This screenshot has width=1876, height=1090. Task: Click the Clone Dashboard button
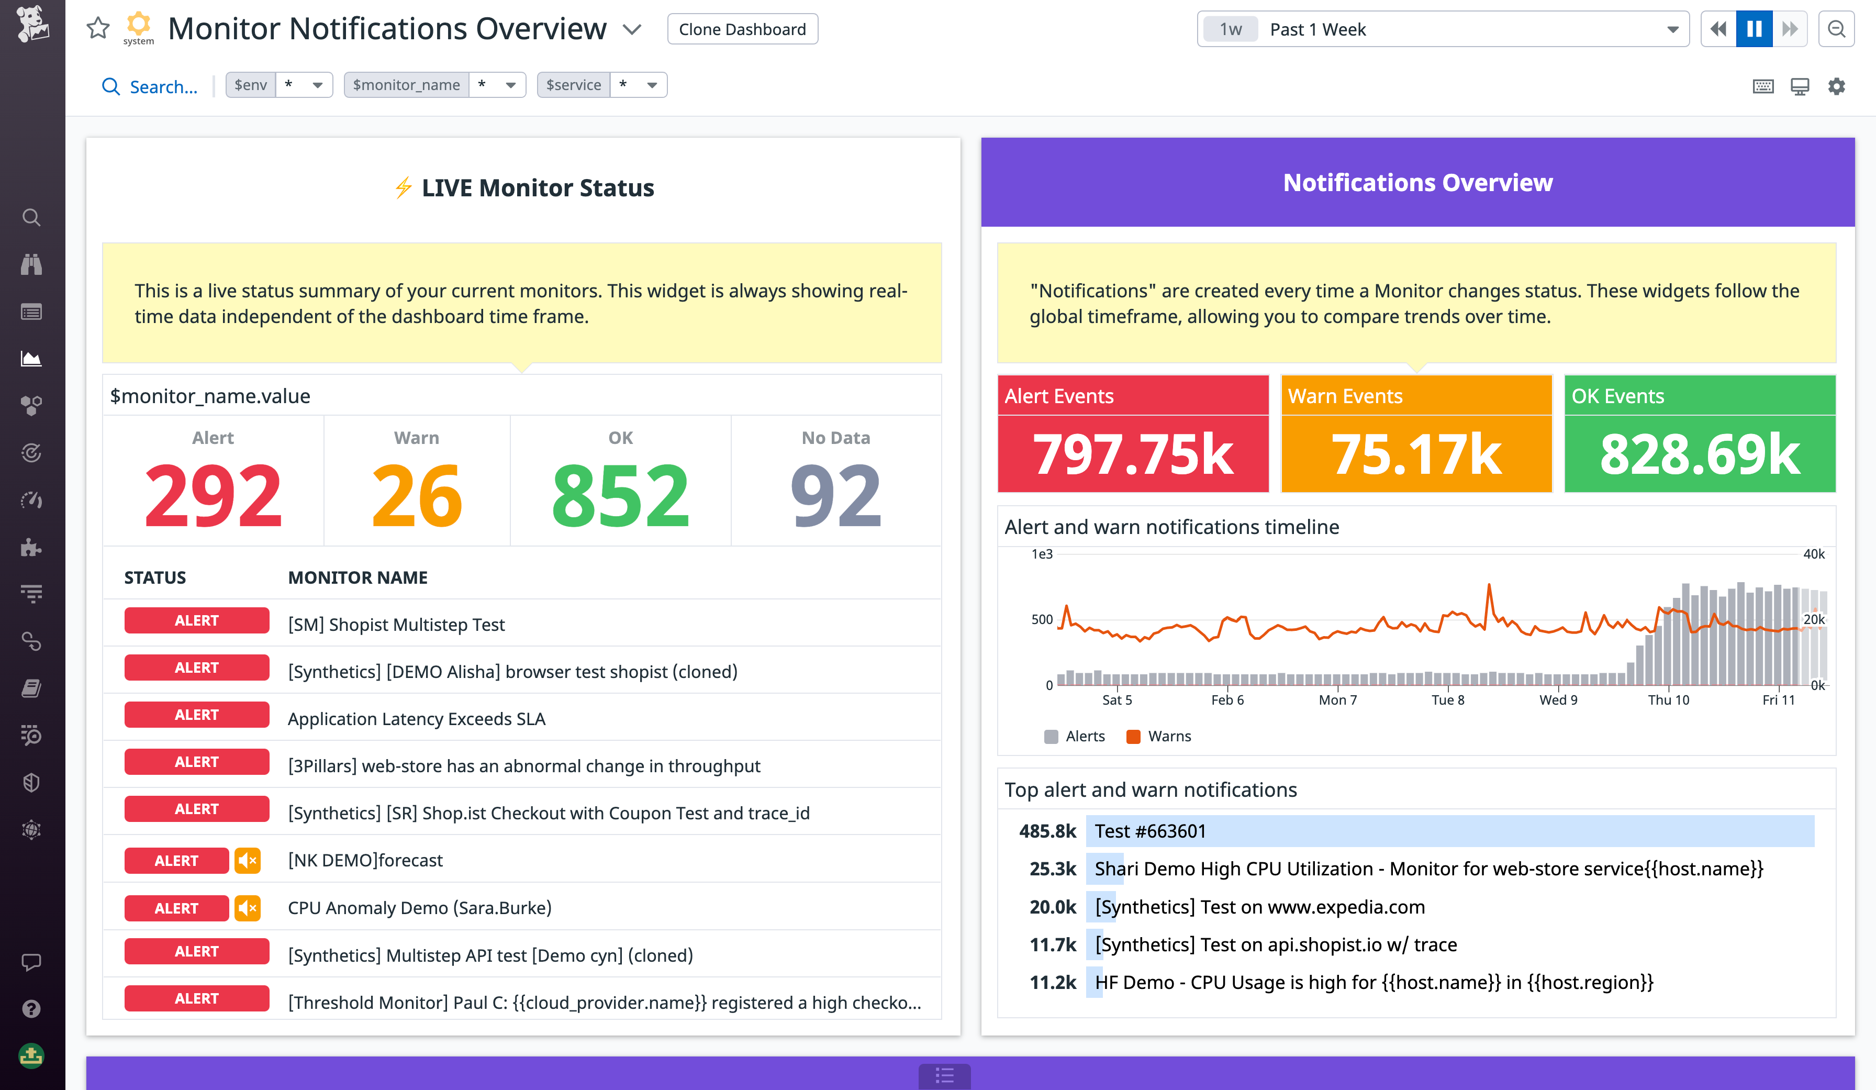(742, 29)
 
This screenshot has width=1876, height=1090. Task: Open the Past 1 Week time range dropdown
(1442, 29)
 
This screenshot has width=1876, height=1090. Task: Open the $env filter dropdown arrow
(317, 85)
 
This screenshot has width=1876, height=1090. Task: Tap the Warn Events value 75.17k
(1416, 454)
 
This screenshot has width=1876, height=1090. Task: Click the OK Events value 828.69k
(1700, 454)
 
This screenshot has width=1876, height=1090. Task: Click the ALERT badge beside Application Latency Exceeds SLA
(196, 715)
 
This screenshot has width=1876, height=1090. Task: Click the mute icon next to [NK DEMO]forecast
(248, 861)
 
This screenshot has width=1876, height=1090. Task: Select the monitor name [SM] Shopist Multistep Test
(396, 625)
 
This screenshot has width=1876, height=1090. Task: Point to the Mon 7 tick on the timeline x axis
(1338, 700)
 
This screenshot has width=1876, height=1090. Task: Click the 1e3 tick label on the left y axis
(1042, 554)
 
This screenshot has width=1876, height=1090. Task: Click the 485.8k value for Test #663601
(1047, 831)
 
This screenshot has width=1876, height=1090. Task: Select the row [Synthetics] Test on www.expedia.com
(1259, 907)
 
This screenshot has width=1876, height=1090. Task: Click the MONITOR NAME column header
(358, 578)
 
